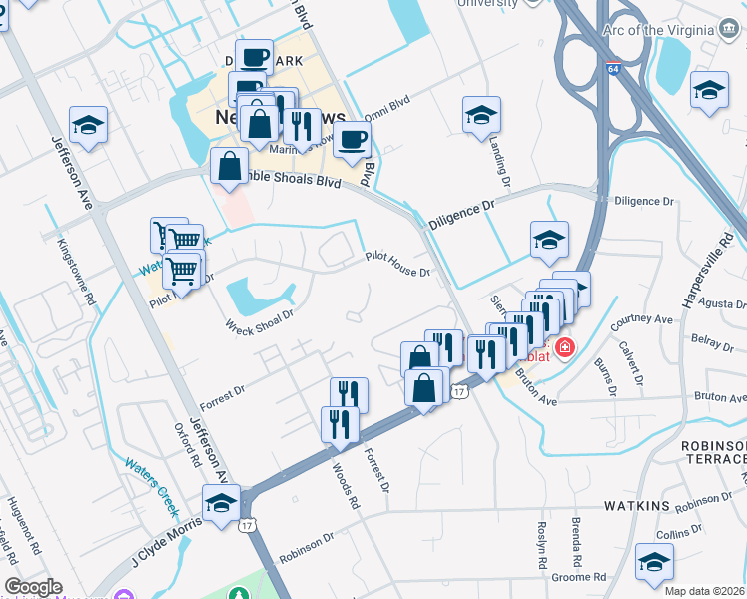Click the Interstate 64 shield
coord(611,68)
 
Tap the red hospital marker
coord(564,348)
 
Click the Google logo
coord(33,587)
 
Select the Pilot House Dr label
coord(396,264)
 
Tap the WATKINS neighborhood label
coord(636,506)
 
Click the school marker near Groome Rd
coord(654,562)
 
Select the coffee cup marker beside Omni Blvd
coord(351,139)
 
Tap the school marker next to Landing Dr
coord(481,115)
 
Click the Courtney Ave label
coord(643,320)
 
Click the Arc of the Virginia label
coord(660,30)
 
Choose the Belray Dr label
coord(713,342)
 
